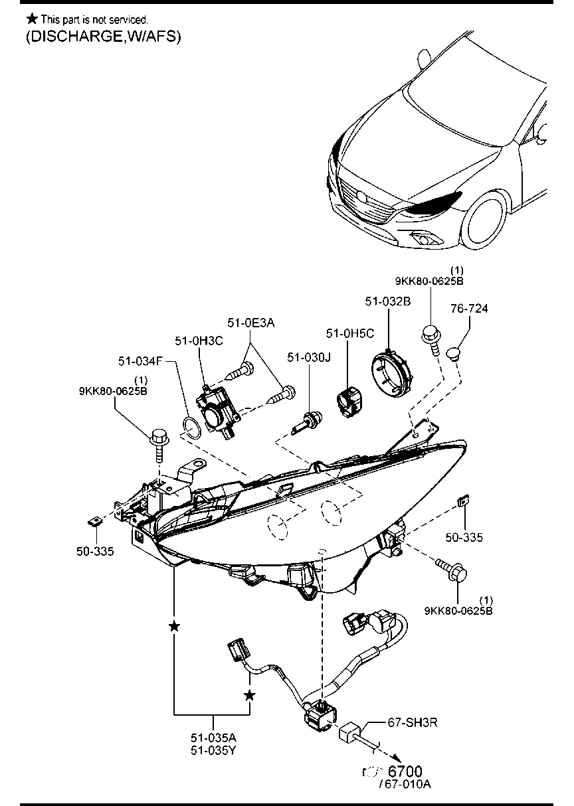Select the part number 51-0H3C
point(199,341)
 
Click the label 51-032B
point(387,301)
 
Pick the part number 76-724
point(469,309)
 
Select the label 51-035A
point(213,737)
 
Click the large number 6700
point(405,771)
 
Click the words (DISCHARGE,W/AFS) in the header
point(103,37)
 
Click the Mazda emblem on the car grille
point(361,197)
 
